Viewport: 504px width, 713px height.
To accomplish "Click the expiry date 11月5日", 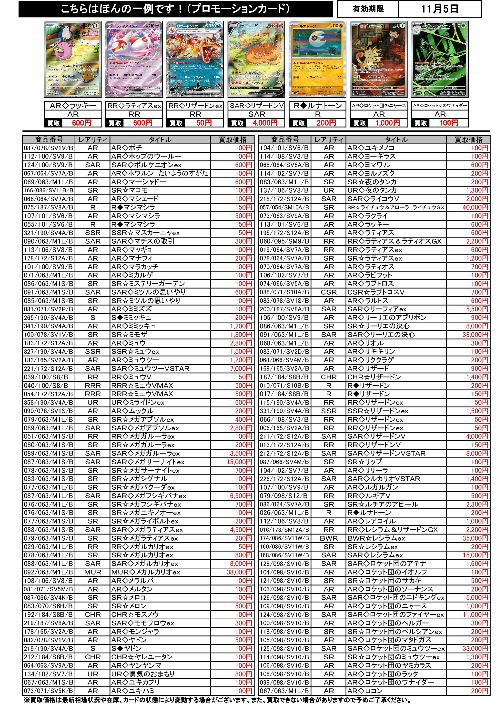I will click(x=440, y=9).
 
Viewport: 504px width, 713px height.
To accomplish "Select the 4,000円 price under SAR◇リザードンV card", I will click(x=265, y=123).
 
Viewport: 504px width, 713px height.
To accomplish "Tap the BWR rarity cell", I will click(x=329, y=538).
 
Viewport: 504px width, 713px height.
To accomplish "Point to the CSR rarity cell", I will click(x=329, y=292).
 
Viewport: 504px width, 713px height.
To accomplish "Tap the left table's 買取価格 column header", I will click(x=232, y=140).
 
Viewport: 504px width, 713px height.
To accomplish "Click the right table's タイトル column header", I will click(x=396, y=140).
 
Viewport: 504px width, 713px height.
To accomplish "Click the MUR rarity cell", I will click(x=93, y=572).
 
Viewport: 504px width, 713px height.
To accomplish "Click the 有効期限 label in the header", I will click(x=368, y=9).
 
